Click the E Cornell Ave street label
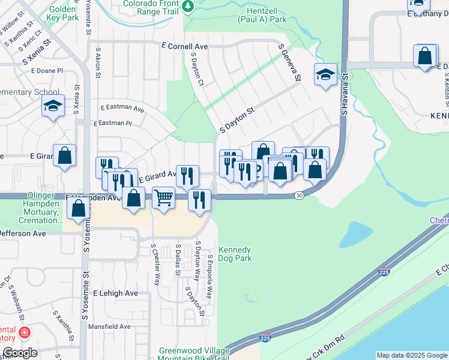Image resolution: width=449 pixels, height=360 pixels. pos(184,46)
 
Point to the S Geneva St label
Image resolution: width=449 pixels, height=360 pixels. pos(289,62)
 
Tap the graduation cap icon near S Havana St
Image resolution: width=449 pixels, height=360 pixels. pos(325,74)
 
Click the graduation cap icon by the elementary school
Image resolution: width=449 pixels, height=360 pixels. pos(53,107)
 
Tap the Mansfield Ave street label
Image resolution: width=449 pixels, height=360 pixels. pos(109,326)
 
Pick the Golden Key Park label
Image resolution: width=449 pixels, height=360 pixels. pos(63,14)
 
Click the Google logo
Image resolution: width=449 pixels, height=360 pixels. pos(19,353)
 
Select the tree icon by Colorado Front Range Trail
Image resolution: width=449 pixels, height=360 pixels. pos(188,5)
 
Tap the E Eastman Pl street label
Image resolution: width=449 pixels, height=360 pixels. pos(112,123)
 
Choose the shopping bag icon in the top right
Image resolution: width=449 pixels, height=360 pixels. pos(425,56)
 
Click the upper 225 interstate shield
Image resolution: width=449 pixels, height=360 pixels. pos(386,272)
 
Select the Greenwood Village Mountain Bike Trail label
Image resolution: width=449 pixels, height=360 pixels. pos(194,355)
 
